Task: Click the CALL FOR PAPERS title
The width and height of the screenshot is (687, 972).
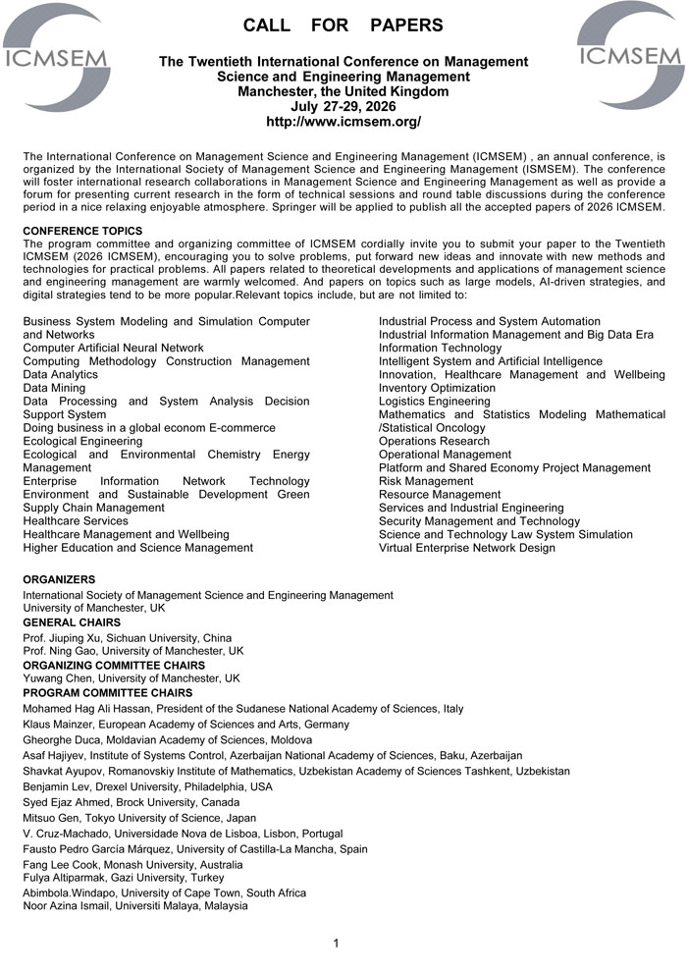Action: [x=343, y=26]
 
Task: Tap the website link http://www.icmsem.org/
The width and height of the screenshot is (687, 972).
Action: [x=343, y=122]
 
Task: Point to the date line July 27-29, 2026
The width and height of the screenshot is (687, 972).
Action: [x=343, y=106]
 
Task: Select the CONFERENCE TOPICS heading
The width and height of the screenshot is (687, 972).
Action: [x=82, y=231]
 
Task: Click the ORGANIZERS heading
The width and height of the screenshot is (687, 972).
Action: [x=59, y=580]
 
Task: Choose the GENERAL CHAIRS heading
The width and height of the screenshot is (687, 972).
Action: [x=72, y=622]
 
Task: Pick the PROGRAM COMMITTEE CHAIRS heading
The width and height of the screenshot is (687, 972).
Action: [x=107, y=693]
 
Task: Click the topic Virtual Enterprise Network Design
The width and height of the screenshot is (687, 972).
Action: [x=467, y=548]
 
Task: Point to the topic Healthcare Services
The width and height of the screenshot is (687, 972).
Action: [x=76, y=520]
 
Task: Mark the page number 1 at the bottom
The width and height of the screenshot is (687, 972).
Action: [x=336, y=944]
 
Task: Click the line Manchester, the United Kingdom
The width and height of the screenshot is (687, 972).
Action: [x=343, y=91]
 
